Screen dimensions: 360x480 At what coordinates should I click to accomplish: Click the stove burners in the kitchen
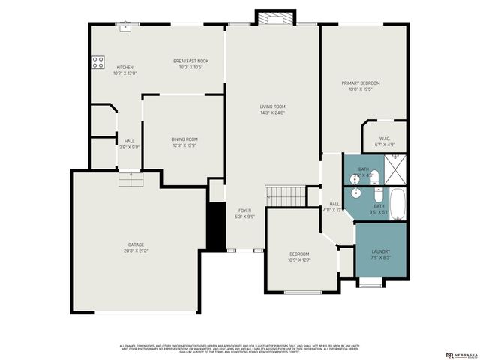(x=98, y=63)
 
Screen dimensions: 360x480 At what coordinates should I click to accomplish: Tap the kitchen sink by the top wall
(x=128, y=28)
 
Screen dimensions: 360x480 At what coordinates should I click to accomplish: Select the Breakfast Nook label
(x=190, y=61)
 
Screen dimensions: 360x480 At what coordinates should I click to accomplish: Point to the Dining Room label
(x=184, y=139)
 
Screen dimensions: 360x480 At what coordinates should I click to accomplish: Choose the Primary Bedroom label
(x=361, y=82)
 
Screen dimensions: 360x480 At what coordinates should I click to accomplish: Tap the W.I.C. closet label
(x=385, y=138)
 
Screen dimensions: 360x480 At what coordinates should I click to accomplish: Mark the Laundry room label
(x=381, y=251)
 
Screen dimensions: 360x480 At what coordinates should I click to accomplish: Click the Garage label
(x=136, y=244)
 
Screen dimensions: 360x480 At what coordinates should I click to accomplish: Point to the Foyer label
(x=245, y=211)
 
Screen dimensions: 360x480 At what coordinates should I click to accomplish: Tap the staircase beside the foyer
(x=286, y=196)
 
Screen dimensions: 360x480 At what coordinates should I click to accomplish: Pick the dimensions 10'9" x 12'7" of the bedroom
(x=299, y=259)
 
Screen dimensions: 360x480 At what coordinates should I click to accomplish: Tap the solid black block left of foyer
(x=217, y=226)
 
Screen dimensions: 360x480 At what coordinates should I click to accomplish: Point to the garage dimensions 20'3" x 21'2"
(x=136, y=250)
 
